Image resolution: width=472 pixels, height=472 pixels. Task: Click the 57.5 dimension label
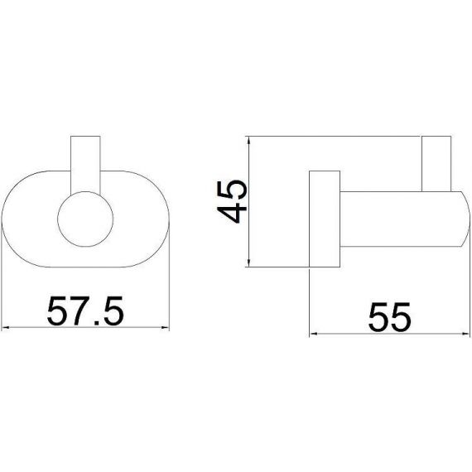click(x=85, y=311)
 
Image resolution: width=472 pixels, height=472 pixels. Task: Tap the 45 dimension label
click(x=232, y=202)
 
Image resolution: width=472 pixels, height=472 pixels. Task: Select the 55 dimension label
click(x=389, y=316)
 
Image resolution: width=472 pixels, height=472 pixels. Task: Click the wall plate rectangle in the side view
click(x=325, y=219)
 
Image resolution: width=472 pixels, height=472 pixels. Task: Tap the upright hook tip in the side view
click(x=436, y=164)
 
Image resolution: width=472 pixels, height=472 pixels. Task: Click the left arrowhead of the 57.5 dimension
click(x=6, y=328)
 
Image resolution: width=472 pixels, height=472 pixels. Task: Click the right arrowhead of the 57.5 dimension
click(x=166, y=328)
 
